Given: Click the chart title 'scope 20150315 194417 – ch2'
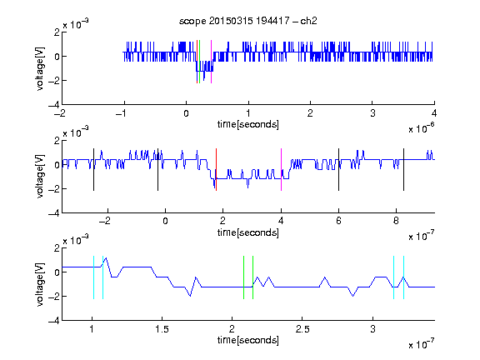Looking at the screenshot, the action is pos(248,21).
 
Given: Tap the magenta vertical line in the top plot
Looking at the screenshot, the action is pos(211,62).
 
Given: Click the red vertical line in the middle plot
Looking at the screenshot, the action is pos(216,170).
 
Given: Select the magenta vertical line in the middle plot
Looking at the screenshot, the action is pos(281,170).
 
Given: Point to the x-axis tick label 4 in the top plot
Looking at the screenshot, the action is pos(434,113).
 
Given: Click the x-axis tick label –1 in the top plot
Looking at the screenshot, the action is pos(121,113).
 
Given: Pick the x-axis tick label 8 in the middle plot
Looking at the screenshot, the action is pos(396,221).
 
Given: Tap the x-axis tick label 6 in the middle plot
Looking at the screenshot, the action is pos(338,221).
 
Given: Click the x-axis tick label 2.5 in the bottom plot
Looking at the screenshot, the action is pos(302,329).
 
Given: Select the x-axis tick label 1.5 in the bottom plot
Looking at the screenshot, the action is pos(162,329).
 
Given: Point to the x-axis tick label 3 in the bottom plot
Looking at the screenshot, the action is pos(372,329).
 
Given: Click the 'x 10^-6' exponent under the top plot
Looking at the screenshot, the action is pos(422,128).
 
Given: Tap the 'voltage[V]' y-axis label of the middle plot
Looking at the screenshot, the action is pos(40,177).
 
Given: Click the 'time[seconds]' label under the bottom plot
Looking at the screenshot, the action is pos(248,340).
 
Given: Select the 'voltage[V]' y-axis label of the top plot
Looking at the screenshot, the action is pos(40,68).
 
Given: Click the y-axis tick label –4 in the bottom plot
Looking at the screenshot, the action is pos(54,320).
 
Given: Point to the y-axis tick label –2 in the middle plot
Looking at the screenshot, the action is pos(54,189).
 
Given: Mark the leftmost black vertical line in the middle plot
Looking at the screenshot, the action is pos(93,170).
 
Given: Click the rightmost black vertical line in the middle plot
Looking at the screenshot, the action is pos(403,170).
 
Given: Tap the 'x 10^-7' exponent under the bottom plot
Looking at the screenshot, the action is pos(422,344).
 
